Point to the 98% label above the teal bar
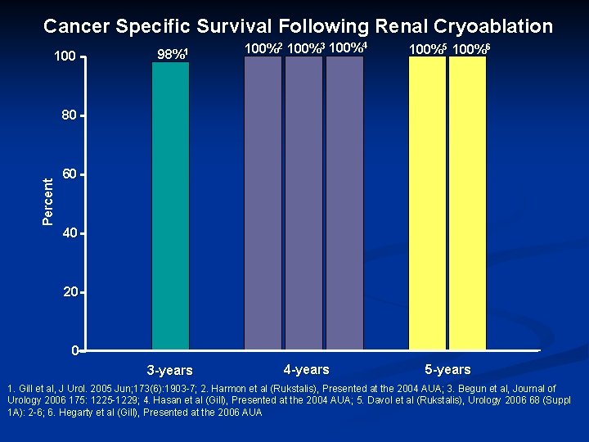pos(173,55)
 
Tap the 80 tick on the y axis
pos(70,115)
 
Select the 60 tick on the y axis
pos(70,174)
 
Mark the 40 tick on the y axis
pos(70,233)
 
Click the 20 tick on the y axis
pos(70,292)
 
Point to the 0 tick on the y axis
pos(74,351)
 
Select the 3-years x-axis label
pos(169,371)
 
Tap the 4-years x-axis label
pos(306,369)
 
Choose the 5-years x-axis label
pos(447,369)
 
